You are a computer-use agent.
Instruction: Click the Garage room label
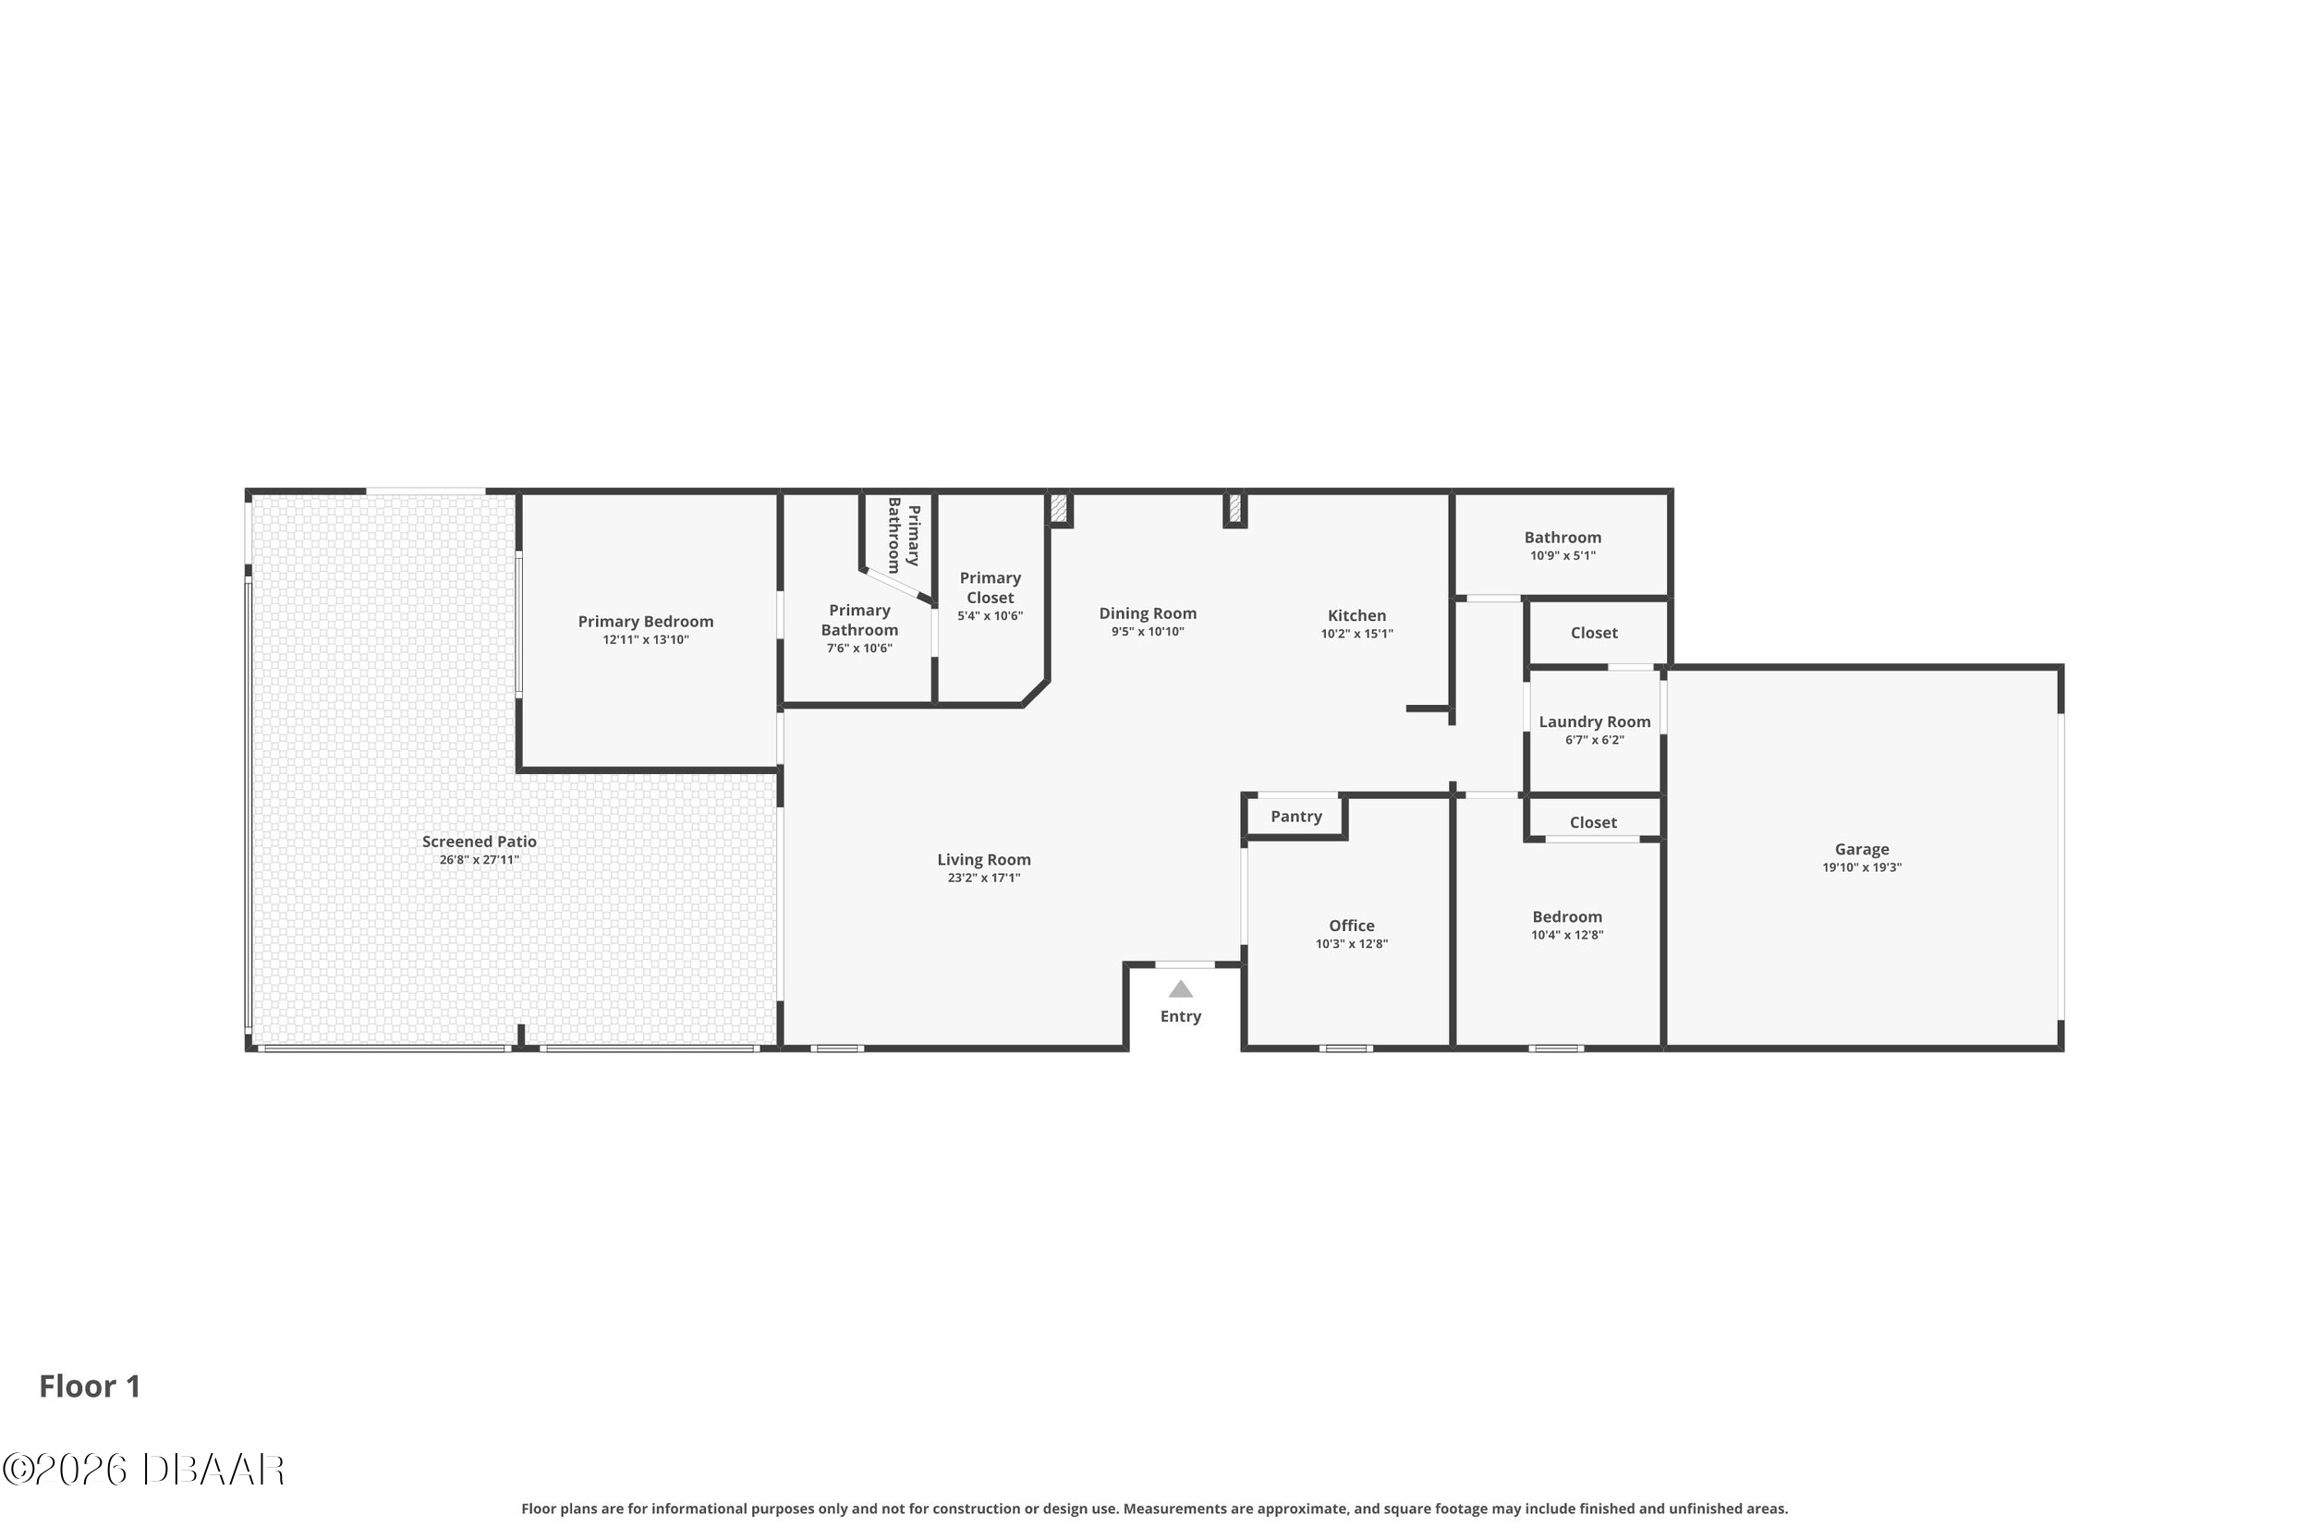(1860, 849)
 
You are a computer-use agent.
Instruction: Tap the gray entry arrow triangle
(1180, 989)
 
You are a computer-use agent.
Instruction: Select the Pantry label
(1295, 817)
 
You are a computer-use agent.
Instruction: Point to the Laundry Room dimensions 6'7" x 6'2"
(1593, 740)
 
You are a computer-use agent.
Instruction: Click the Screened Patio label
(479, 842)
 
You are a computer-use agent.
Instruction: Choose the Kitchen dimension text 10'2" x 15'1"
(1356, 634)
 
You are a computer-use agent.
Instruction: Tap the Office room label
(1351, 926)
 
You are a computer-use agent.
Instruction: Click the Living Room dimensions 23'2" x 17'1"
(984, 879)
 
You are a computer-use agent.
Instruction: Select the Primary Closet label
(990, 588)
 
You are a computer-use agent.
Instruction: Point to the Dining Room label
(1148, 614)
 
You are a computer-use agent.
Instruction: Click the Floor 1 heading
(91, 1386)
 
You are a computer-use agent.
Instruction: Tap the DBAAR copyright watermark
(143, 1470)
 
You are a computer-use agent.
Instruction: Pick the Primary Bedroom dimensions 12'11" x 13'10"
(645, 640)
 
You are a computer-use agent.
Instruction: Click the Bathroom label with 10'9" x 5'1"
(1562, 538)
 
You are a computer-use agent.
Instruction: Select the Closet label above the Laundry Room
(1593, 633)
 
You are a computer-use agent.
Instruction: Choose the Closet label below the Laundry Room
(1592, 822)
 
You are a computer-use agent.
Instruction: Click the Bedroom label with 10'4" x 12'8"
(1567, 916)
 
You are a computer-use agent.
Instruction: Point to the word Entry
(1180, 1017)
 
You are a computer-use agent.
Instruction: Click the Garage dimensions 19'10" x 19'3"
(1861, 867)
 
